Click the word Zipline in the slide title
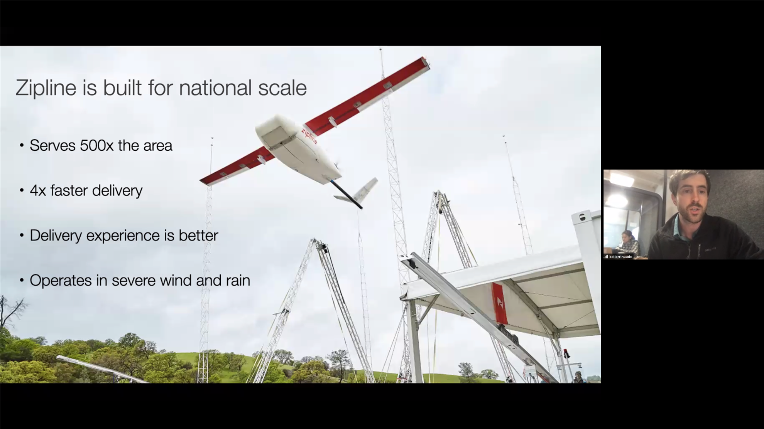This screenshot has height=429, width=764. coord(46,88)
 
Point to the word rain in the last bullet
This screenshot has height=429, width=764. coord(238,280)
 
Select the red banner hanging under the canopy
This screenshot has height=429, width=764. coord(500,303)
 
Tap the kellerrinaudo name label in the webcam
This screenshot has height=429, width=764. coord(621,257)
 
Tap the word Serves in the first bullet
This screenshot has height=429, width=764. coord(52,146)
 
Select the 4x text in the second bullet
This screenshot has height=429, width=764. coord(38,190)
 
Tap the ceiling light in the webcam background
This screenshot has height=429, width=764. coord(622,179)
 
